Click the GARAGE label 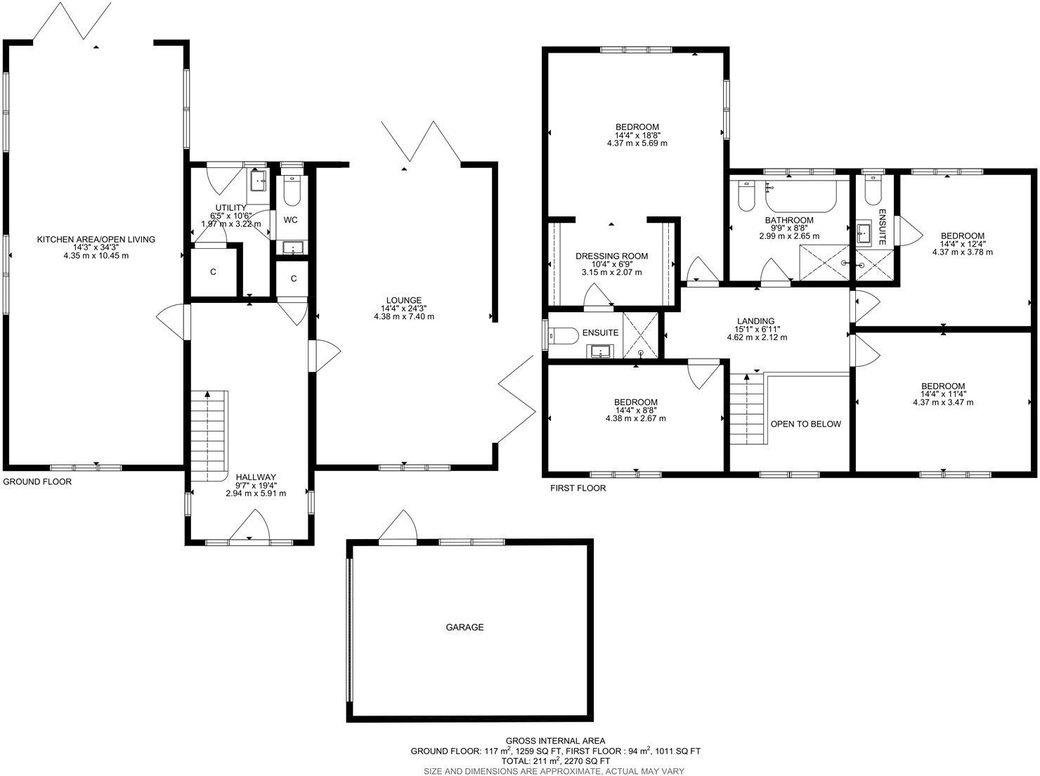coord(464,627)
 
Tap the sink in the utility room coord(259,181)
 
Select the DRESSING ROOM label coord(611,256)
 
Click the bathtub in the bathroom coord(801,198)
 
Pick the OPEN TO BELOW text coord(805,424)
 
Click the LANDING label coord(756,321)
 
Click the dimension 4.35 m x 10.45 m coord(96,256)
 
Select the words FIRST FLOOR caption coord(578,488)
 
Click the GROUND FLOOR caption coord(37,482)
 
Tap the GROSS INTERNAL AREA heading coord(555,740)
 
